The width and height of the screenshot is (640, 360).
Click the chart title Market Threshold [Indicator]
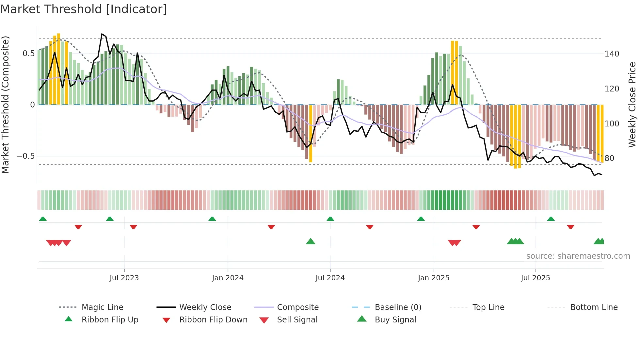[84, 9]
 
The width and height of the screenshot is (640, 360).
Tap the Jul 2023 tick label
[124, 278]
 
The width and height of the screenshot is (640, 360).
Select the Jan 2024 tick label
[228, 278]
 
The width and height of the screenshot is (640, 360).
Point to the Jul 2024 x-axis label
[330, 278]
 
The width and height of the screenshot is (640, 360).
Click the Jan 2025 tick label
[434, 278]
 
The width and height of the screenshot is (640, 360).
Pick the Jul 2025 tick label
[536, 278]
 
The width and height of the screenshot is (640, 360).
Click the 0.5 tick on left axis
[29, 54]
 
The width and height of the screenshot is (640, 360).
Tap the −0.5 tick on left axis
[26, 156]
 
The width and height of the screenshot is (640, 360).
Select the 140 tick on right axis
[612, 54]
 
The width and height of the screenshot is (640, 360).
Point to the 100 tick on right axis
[612, 124]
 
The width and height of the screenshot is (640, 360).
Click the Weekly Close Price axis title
[632, 105]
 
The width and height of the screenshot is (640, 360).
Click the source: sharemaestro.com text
[578, 256]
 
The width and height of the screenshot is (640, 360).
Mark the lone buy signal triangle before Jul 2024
[311, 242]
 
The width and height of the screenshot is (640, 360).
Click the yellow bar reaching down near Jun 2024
[311, 134]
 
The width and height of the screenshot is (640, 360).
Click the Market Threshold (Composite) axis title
[6, 105]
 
